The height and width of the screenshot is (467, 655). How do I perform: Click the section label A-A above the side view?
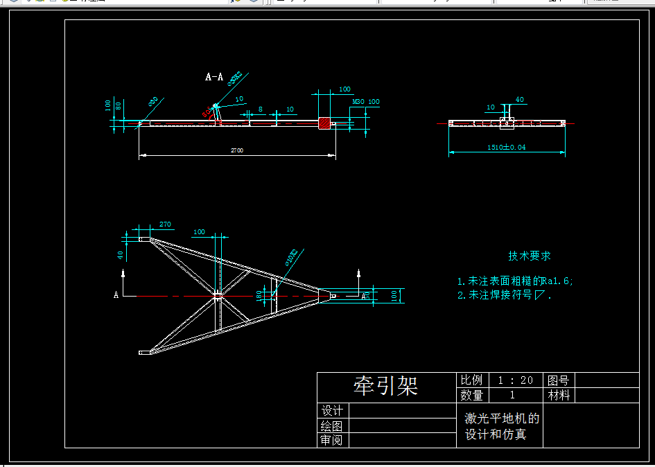click(214, 78)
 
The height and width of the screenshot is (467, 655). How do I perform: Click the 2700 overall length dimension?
click(236, 150)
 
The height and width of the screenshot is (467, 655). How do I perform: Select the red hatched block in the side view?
click(324, 123)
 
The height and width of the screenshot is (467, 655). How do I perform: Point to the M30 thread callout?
click(358, 102)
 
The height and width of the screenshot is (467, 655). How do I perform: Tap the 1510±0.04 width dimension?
click(506, 147)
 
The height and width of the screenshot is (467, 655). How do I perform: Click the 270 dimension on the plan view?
click(165, 224)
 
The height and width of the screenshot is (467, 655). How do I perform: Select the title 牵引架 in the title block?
click(385, 386)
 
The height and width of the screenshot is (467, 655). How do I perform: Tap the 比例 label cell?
click(472, 380)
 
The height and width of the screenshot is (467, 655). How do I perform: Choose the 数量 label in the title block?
click(472, 395)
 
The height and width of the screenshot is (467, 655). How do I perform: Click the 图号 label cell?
click(559, 380)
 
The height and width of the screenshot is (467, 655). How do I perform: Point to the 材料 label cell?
click(559, 395)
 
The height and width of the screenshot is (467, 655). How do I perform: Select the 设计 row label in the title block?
click(333, 411)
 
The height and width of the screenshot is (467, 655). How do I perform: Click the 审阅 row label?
click(333, 440)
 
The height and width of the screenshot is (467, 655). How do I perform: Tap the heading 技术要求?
click(530, 256)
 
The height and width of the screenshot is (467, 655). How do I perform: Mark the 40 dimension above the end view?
click(520, 100)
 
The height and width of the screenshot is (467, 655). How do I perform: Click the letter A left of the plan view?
click(116, 295)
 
